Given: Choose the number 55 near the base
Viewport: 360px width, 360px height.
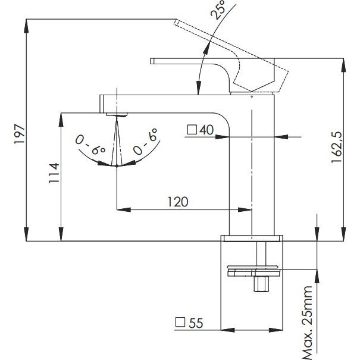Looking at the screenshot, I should [x=195, y=323].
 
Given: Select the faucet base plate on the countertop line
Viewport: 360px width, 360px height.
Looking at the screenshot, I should [x=253, y=239].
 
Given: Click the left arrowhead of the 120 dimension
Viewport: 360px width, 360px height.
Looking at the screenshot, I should [x=120, y=209].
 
